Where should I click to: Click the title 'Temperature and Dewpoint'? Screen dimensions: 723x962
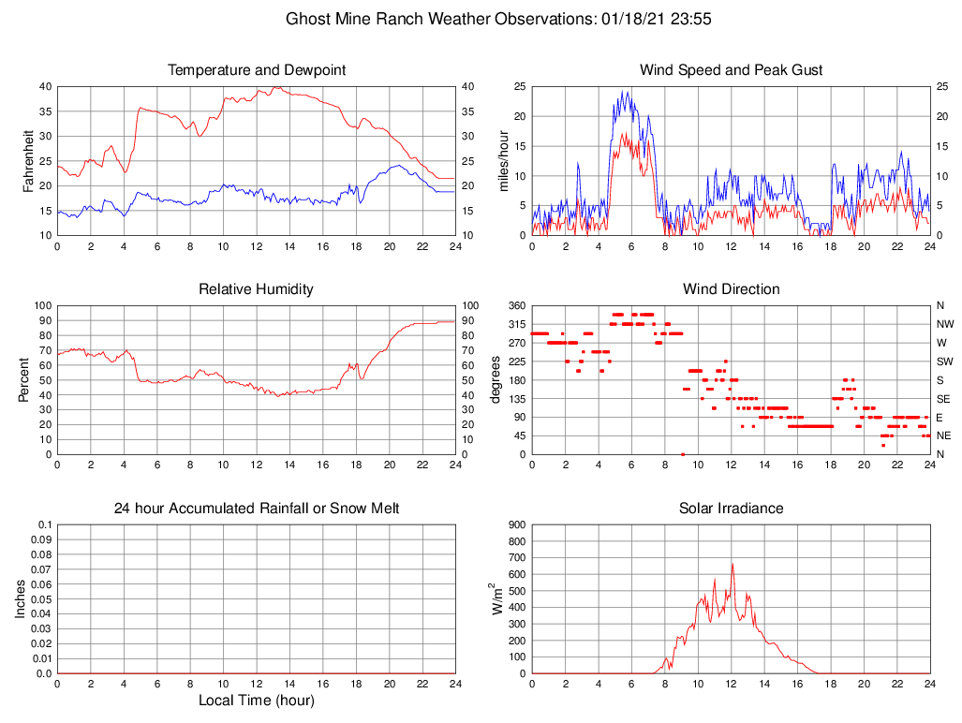256,70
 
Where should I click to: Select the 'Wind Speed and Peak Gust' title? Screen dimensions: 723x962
731,70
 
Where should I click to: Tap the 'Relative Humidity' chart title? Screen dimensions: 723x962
256,289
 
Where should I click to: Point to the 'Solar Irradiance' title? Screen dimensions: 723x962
731,509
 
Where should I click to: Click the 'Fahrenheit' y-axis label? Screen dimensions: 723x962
28,161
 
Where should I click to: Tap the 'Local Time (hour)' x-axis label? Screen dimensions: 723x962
256,701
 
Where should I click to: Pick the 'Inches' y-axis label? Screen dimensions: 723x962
22,599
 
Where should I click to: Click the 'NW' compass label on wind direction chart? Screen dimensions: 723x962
944,324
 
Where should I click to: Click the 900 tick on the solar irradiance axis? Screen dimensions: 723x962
515,525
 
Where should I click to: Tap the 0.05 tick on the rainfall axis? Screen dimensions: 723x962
43,599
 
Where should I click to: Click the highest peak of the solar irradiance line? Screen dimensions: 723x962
733,564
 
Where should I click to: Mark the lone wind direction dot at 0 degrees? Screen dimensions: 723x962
683,453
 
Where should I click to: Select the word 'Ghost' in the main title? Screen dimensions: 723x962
306,19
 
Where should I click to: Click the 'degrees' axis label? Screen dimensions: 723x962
496,380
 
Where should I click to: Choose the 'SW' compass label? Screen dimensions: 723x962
944,361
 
